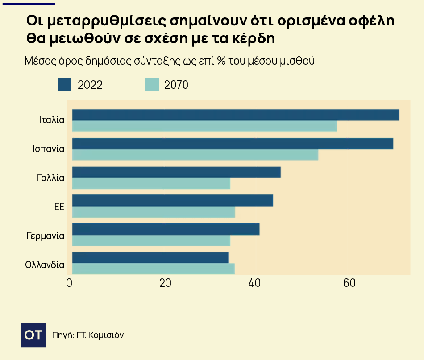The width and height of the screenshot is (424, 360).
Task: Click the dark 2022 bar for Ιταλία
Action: [x=235, y=115]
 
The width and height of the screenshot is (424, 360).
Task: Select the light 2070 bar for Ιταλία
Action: [x=204, y=126]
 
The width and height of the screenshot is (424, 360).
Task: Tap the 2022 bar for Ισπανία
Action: [x=233, y=144]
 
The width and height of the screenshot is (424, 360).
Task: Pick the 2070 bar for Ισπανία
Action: [x=195, y=155]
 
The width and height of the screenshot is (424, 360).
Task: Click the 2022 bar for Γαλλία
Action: [x=176, y=172]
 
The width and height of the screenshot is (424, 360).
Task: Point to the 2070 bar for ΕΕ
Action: [x=153, y=212]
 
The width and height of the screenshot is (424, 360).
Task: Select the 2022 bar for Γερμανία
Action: [x=166, y=229]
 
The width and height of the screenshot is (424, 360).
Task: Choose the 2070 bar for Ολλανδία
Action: [x=153, y=269]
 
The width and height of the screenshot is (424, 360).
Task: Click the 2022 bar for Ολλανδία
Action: [x=150, y=258]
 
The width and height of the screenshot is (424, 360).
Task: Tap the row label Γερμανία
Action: [x=46, y=236]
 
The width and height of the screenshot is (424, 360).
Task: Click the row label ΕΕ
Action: [x=59, y=207]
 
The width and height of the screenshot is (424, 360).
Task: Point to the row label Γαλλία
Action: [x=50, y=178]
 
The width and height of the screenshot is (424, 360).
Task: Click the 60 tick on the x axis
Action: [x=349, y=283]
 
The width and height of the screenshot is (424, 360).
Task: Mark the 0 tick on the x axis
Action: [x=69, y=283]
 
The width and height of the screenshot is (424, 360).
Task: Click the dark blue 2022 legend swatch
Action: [x=64, y=84]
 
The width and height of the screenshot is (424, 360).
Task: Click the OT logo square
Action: [x=33, y=334]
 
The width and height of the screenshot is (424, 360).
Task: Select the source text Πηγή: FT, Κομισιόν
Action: [x=87, y=335]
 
